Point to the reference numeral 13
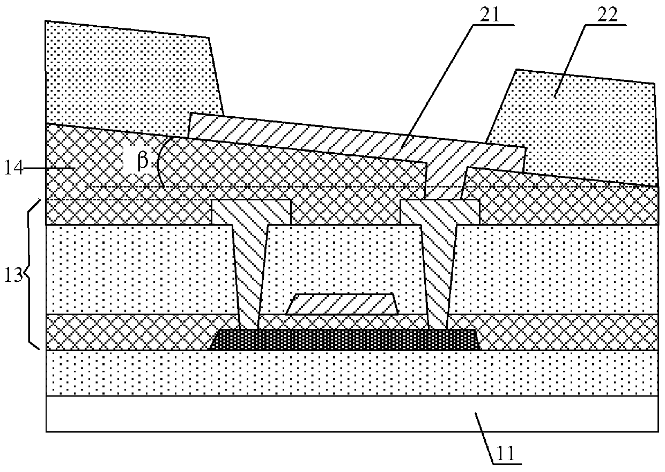pos(14,276)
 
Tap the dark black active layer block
pos(344,339)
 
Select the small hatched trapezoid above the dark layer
pos(342,304)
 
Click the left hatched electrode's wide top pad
pos(252,212)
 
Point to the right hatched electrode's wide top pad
pos(440,212)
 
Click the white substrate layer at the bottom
pos(352,413)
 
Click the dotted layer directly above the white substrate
pos(352,373)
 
